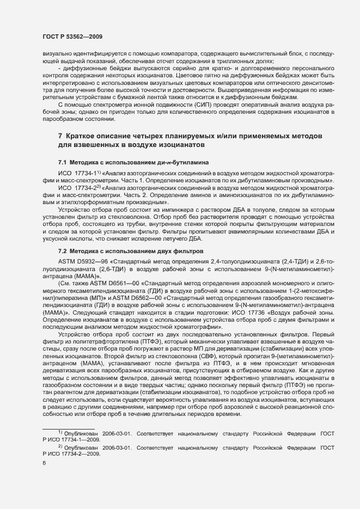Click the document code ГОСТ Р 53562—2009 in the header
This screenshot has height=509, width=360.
click(x=72, y=36)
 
